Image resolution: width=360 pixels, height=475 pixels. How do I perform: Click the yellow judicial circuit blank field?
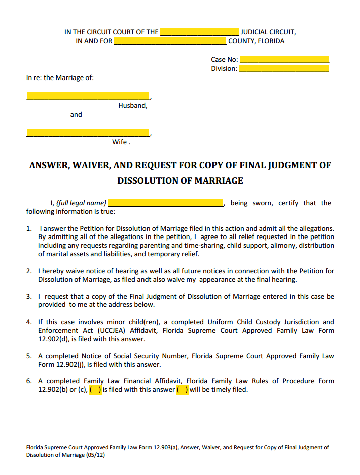[x=199, y=32]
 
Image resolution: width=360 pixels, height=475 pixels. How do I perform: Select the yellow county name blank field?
[x=170, y=41]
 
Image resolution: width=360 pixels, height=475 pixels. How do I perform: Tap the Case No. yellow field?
[x=284, y=59]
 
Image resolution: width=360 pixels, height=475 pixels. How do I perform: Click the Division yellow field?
[x=284, y=69]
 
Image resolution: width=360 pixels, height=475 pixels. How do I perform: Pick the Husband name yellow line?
[x=88, y=96]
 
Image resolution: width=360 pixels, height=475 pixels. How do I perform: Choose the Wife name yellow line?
[x=88, y=133]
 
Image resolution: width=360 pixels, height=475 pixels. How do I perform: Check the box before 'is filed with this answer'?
[x=95, y=389]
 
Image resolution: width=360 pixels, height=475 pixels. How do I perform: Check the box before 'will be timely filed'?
[x=183, y=389]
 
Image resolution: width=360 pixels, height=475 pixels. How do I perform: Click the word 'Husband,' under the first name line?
[x=133, y=106]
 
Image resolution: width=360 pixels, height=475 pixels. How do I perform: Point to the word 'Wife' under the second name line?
[x=120, y=142]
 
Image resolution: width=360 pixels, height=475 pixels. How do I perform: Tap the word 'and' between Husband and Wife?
[x=76, y=115]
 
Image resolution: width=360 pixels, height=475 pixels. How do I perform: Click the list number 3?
[x=29, y=296]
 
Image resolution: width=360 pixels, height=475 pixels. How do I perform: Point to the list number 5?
[x=29, y=356]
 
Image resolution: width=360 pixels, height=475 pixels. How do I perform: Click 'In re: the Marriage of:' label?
[x=60, y=78]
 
